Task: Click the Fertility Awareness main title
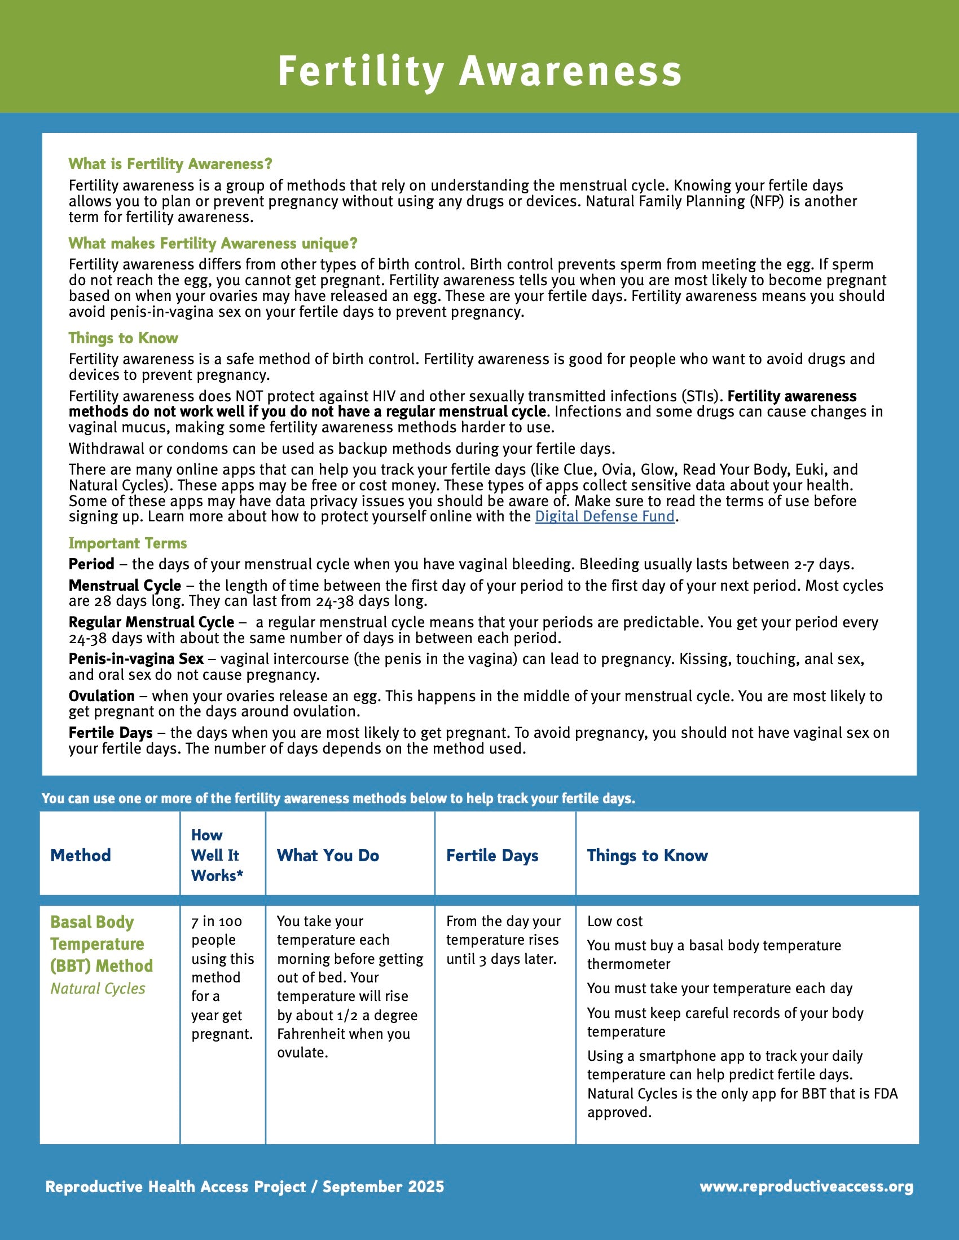click(479, 72)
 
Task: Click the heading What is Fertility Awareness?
click(170, 164)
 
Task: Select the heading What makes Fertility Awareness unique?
click(213, 243)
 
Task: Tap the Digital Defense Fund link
click(605, 516)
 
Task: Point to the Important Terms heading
click(128, 543)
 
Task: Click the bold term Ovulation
click(102, 696)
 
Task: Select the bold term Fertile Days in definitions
click(111, 733)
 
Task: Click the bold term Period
click(91, 564)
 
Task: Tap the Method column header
click(81, 855)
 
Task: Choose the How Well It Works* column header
click(217, 855)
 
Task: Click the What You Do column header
click(328, 855)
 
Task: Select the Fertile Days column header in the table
click(492, 855)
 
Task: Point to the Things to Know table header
click(647, 855)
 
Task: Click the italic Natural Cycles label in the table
click(98, 989)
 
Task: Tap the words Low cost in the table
click(615, 921)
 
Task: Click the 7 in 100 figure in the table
click(217, 921)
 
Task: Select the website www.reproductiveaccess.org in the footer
click(806, 1186)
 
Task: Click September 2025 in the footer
click(384, 1186)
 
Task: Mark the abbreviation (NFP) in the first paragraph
click(762, 202)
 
